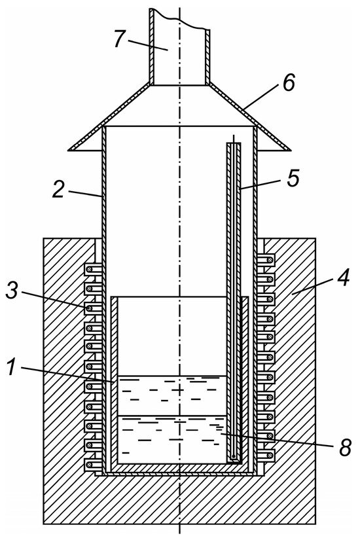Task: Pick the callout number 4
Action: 342,278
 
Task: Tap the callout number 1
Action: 12,367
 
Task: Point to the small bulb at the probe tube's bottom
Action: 234,457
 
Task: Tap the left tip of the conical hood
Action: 68,150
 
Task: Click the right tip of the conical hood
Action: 291,150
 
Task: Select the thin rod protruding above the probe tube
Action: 234,139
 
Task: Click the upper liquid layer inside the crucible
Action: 172,395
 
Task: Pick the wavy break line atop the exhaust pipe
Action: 179,19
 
